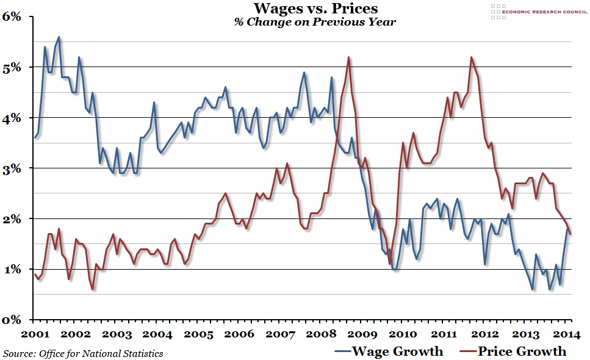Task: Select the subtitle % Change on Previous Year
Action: (315, 22)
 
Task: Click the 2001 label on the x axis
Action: (35, 334)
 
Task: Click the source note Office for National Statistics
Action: (83, 353)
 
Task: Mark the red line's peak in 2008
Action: (348, 57)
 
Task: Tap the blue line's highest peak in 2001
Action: (59, 37)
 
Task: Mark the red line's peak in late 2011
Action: (472, 57)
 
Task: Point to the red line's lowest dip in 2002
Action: (93, 289)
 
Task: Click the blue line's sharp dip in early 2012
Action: (485, 264)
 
